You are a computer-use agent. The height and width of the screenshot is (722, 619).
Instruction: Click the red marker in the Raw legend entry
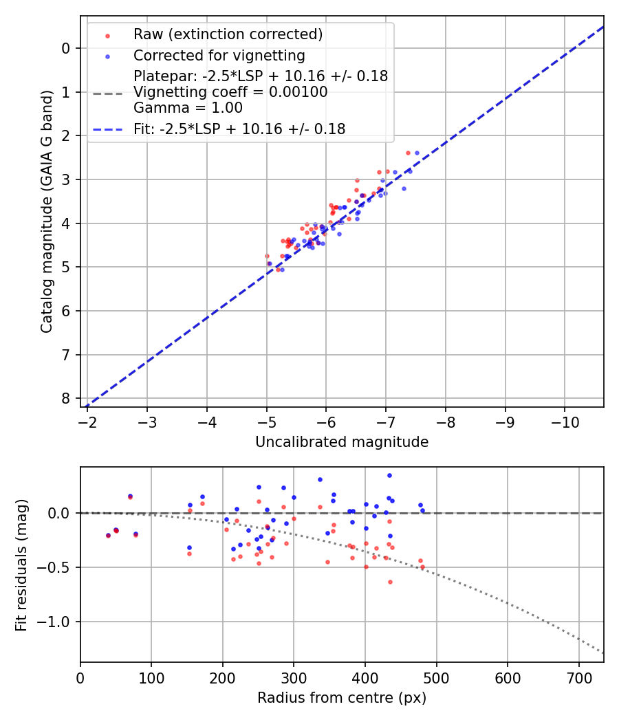(x=107, y=35)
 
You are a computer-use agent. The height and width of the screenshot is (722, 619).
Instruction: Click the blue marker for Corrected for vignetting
(x=107, y=55)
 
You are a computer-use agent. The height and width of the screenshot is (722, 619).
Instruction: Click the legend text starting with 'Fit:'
(x=239, y=129)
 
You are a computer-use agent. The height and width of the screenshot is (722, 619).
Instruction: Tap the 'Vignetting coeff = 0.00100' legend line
(x=230, y=92)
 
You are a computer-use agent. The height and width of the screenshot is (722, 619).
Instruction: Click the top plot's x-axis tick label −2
(x=87, y=421)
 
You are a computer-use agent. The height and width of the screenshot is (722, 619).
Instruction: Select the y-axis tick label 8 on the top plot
(x=66, y=399)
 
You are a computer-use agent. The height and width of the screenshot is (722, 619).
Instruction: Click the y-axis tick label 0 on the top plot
(x=66, y=48)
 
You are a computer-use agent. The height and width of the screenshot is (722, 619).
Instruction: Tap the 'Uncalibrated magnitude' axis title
(x=342, y=442)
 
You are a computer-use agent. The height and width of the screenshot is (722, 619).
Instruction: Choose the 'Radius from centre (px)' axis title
(x=342, y=698)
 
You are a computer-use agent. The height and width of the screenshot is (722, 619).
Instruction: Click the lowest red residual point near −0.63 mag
(x=390, y=582)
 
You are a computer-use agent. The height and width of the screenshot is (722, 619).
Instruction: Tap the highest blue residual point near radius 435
(x=389, y=475)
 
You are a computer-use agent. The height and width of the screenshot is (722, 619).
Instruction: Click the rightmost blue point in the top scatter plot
(x=417, y=153)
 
